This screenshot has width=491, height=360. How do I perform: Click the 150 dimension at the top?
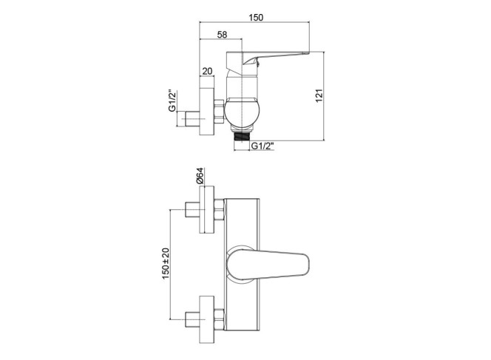256,18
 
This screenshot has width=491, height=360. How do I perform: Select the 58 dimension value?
222,35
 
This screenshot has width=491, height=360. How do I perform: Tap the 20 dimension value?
207,71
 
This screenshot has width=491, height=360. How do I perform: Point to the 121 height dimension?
319,95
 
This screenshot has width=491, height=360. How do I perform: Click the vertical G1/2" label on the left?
172,101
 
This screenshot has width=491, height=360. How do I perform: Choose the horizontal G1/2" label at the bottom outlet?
263,146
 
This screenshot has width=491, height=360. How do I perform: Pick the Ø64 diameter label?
200,176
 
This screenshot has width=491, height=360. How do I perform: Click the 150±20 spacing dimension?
166,264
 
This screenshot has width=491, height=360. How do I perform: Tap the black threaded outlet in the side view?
243,137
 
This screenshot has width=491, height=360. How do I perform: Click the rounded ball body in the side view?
243,114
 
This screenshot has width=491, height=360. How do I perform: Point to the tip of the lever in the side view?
309,52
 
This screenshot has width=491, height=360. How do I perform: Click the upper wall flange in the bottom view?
207,209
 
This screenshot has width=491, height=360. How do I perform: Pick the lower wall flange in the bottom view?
207,319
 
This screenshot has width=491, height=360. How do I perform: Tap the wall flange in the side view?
207,112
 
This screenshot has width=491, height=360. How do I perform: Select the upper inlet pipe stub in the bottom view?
192,209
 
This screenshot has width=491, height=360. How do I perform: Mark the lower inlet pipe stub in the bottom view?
192,319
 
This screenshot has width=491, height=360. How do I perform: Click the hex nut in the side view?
220,112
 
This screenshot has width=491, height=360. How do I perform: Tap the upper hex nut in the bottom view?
220,209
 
